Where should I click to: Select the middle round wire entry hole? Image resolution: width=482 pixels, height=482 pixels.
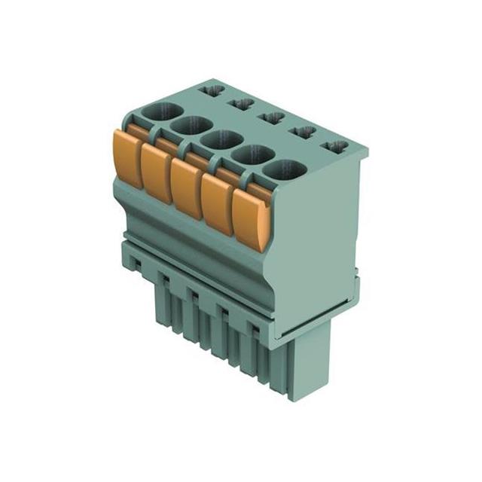click(x=220, y=139)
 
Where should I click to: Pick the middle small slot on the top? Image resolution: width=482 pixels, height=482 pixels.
click(x=271, y=117)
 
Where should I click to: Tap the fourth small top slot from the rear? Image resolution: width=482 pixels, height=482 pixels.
click(x=302, y=132)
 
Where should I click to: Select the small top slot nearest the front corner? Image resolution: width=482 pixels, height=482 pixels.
click(x=334, y=146)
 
